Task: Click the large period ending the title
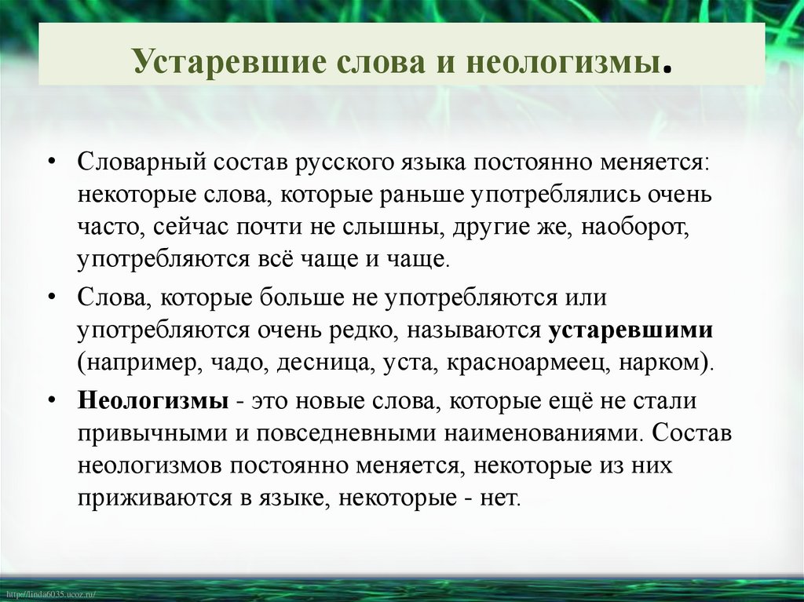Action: [667, 68]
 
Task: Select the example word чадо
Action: [241, 363]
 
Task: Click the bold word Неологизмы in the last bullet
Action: [153, 400]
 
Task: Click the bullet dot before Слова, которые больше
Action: [51, 298]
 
